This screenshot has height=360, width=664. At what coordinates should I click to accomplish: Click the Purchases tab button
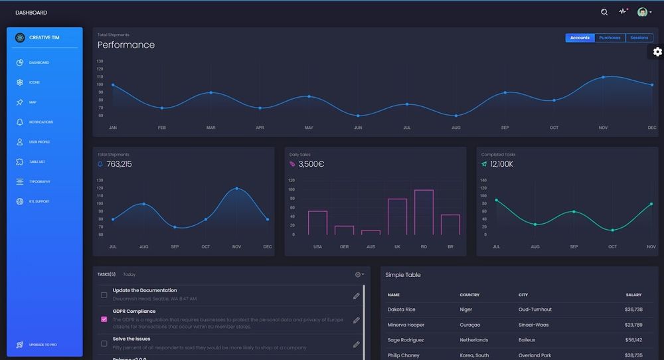point(610,38)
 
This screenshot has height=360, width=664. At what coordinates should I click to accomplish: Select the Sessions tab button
point(639,38)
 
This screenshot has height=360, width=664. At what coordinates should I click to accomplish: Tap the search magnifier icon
point(604,12)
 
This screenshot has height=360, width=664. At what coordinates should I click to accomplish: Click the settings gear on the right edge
point(657,52)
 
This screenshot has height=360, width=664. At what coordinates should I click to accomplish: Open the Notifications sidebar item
point(41,122)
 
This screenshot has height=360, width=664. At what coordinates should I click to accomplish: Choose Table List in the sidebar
point(37,162)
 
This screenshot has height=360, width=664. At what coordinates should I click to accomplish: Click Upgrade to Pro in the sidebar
point(42,345)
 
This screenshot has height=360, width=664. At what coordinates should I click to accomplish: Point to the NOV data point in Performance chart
point(604,77)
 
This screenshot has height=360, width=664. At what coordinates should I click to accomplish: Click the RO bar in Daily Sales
point(424,212)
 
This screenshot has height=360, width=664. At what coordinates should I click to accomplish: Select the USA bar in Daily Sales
point(317,223)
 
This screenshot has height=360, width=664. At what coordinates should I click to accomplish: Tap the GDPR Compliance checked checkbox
point(104,319)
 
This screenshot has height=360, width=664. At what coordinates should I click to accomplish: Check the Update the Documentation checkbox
point(104,295)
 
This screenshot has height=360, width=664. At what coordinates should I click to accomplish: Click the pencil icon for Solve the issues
point(357,344)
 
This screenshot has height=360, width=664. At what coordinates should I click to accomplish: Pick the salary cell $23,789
point(633,325)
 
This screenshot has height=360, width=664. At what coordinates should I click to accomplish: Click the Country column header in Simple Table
point(469,295)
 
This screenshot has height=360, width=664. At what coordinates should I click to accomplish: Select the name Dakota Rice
point(401,310)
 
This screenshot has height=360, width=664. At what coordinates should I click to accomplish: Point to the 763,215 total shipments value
point(119,164)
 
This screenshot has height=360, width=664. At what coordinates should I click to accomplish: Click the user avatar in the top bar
point(642,12)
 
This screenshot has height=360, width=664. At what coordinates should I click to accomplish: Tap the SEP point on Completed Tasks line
point(574,212)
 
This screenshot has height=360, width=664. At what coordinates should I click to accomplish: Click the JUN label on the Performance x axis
point(358,128)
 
